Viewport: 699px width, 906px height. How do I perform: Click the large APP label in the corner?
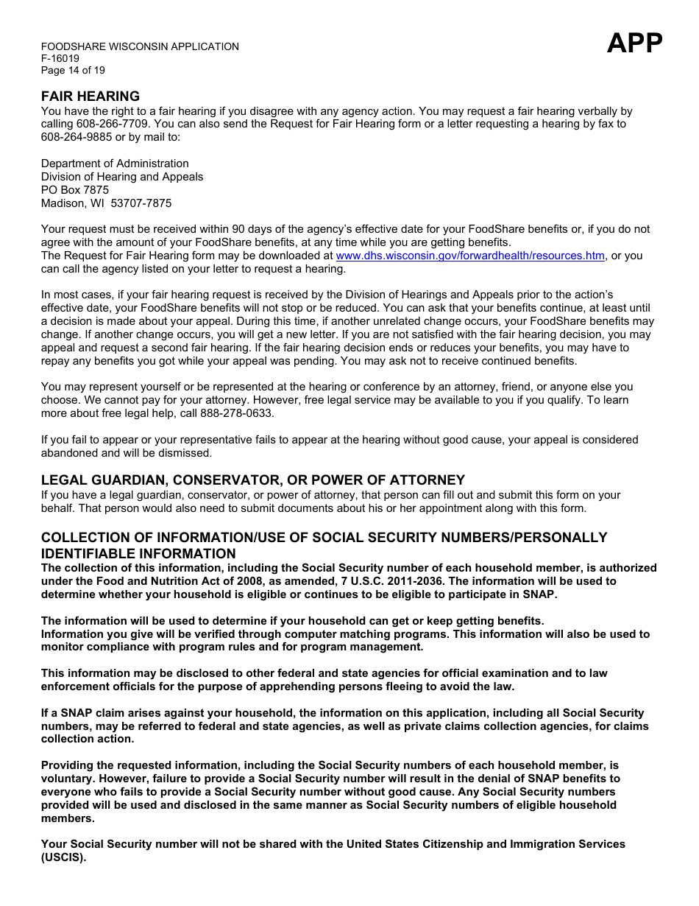coord(634,43)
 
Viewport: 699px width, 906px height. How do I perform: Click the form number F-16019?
coord(60,58)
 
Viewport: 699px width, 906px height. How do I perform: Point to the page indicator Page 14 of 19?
coord(73,70)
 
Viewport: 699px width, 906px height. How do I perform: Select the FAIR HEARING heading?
coord(90,96)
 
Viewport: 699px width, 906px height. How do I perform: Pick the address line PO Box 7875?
coord(74,190)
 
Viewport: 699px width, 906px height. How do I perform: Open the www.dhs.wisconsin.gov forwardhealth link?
coord(470,256)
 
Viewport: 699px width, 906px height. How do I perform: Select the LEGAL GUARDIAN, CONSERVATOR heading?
coord(252,480)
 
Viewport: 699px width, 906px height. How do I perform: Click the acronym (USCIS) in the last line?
coord(63,858)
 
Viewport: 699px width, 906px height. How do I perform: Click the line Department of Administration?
coord(115,164)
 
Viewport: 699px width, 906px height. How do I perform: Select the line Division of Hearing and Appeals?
coord(122,177)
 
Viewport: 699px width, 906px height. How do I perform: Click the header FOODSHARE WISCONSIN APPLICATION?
coord(140,46)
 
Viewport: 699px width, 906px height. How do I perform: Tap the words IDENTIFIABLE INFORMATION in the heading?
coord(138,554)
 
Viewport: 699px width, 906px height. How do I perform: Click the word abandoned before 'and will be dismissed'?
coord(71,453)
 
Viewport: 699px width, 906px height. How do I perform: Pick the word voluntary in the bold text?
coord(68,779)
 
